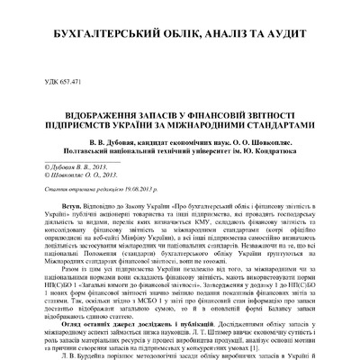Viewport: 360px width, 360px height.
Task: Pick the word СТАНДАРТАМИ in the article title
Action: coord(279,117)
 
